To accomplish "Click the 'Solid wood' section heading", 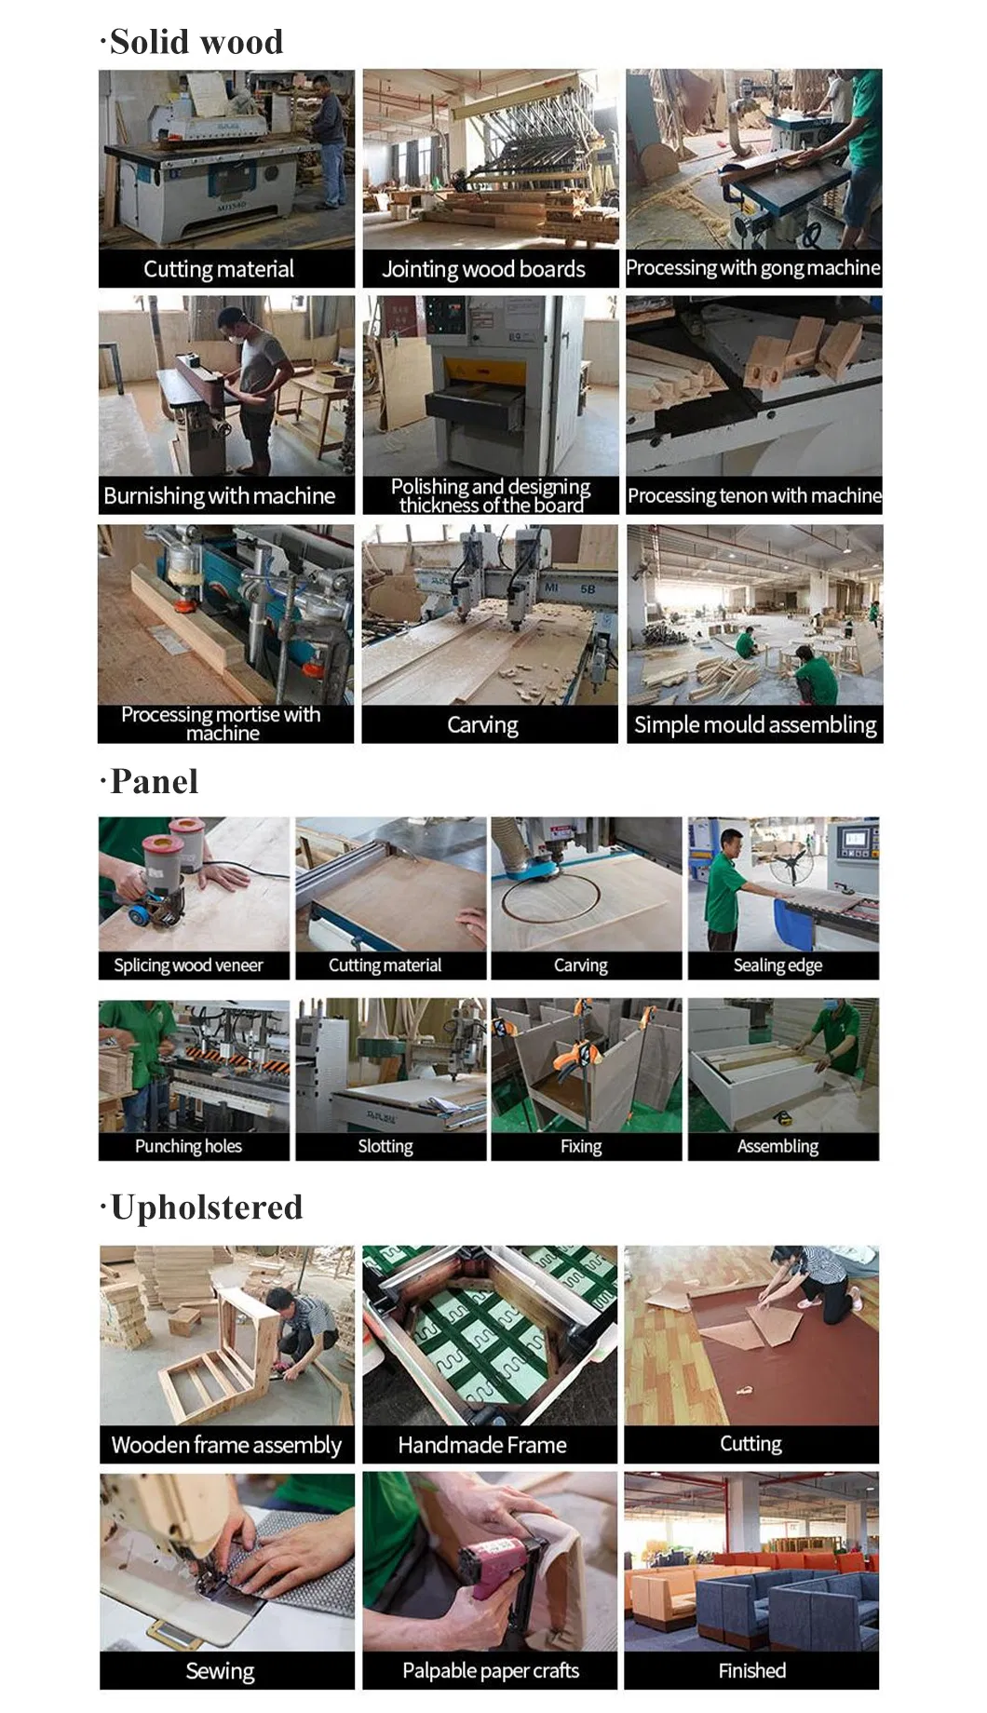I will [x=196, y=42].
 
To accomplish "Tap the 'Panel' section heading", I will [x=154, y=782].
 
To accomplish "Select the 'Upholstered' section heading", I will [x=206, y=1207].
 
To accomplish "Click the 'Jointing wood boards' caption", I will [x=483, y=270].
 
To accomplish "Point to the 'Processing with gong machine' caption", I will [x=753, y=268].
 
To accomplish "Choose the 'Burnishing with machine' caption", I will [x=220, y=496].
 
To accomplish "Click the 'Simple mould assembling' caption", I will [x=755, y=725].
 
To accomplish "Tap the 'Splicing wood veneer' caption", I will [x=188, y=965].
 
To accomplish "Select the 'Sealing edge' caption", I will [x=777, y=965].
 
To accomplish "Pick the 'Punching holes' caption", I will [x=188, y=1146].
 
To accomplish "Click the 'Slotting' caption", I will [x=385, y=1146].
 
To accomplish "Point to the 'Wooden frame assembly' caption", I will [x=226, y=1445].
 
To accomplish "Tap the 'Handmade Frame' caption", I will [x=482, y=1445].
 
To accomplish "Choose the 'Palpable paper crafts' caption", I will [x=491, y=1671].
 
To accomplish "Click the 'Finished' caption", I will [x=751, y=1671].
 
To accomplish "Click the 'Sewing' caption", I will [x=220, y=1671].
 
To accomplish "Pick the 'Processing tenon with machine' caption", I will [x=754, y=496].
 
